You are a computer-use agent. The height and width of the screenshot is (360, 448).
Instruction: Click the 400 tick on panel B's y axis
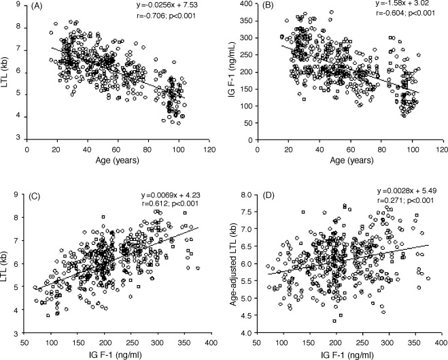click(249, 5)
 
